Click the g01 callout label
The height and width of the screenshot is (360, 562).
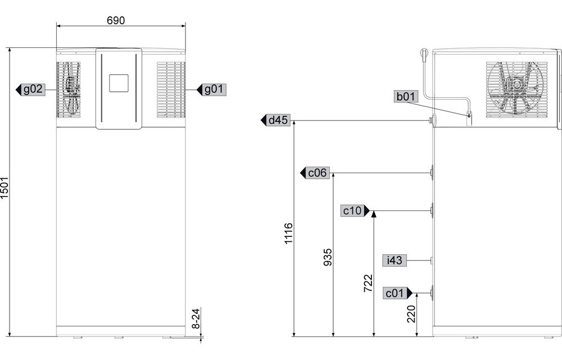[215, 89]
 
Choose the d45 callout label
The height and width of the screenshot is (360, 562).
[278, 120]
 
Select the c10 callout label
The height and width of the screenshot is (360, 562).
[352, 211]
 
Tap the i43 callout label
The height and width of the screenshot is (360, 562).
[395, 260]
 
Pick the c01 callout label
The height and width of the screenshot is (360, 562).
[395, 293]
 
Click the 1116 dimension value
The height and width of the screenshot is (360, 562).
[289, 234]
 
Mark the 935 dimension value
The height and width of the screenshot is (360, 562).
[328, 257]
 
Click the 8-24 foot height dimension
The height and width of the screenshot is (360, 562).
[196, 318]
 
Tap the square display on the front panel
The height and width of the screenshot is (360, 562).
[118, 83]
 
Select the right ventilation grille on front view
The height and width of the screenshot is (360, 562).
[170, 90]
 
